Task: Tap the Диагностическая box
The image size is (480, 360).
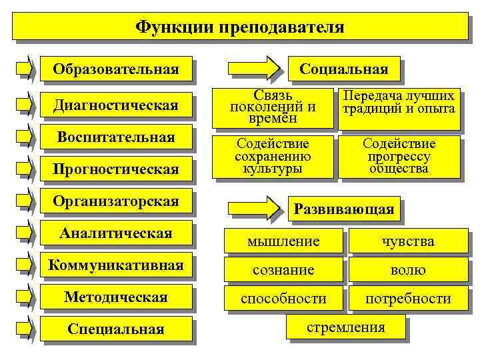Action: tap(116, 105)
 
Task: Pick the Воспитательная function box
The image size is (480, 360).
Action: tap(116, 138)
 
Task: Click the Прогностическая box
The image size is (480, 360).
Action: tap(116, 169)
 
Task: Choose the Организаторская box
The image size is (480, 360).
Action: tap(116, 201)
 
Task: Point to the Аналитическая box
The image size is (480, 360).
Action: tap(116, 233)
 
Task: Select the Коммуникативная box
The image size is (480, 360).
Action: tap(116, 265)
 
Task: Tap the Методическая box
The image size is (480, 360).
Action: tap(116, 297)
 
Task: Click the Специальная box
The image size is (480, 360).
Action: tap(116, 329)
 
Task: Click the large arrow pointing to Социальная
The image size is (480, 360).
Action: tap(254, 69)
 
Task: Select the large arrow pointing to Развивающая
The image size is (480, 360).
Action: tap(254, 208)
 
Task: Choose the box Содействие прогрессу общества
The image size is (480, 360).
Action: tap(399, 156)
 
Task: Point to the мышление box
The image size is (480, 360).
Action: tap(283, 241)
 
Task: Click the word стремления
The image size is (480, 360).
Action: tap(345, 327)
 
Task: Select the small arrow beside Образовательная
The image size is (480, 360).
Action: tap(25, 69)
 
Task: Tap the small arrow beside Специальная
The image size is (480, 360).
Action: tap(25, 329)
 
